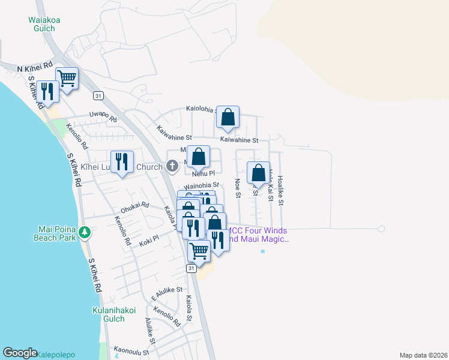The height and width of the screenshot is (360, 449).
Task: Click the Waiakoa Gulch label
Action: (x=44, y=24)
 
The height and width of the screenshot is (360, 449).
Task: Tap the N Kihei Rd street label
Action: (x=35, y=68)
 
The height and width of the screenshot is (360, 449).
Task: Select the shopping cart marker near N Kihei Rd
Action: (x=67, y=79)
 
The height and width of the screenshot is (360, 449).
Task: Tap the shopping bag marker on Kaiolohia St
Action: (x=228, y=118)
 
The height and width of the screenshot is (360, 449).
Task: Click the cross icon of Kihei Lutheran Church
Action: (x=172, y=165)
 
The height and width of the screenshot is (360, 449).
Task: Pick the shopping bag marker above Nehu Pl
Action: (x=199, y=158)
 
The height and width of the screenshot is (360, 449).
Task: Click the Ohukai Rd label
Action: (x=134, y=207)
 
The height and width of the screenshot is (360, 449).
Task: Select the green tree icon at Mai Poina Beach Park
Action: (x=86, y=232)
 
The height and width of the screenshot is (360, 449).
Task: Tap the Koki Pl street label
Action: (x=148, y=238)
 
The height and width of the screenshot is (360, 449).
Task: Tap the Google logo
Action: (x=20, y=353)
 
